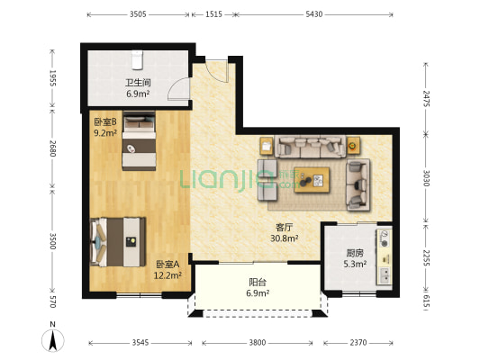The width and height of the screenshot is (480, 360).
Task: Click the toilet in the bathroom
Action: pyautogui.click(x=138, y=60)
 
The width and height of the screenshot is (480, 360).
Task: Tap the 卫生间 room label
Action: pyautogui.click(x=138, y=83)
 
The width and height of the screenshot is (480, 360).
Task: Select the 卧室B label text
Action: pyautogui.click(x=105, y=122)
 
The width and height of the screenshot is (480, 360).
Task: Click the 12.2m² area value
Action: pyautogui.click(x=168, y=275)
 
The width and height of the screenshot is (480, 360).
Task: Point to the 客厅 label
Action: pyautogui.click(x=284, y=228)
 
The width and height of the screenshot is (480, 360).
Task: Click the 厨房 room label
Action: pyautogui.click(x=355, y=253)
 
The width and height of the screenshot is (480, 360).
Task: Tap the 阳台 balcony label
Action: pyautogui.click(x=258, y=282)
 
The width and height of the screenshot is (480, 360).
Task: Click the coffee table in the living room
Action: pyautogui.click(x=312, y=180)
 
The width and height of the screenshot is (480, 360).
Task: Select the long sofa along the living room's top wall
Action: pyautogui.click(x=311, y=147)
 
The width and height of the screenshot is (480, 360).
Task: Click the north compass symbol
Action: pyautogui.click(x=52, y=340)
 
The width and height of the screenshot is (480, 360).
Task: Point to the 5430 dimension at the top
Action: pyautogui.click(x=314, y=14)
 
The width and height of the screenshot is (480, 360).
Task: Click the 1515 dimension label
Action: pyautogui.click(x=213, y=14)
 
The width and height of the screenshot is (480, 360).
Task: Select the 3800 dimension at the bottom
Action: pyautogui.click(x=258, y=343)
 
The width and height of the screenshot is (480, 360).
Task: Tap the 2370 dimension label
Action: pyautogui.click(x=358, y=343)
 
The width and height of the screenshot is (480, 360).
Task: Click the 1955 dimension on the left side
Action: pyautogui.click(x=52, y=78)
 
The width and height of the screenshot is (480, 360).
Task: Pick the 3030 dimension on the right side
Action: pyautogui.click(x=426, y=178)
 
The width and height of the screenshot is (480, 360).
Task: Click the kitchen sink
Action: pyautogui.click(x=385, y=274)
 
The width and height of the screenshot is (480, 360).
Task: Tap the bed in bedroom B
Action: pyautogui.click(x=139, y=140)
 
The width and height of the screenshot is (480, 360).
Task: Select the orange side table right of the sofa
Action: pyautogui.click(x=353, y=146)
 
